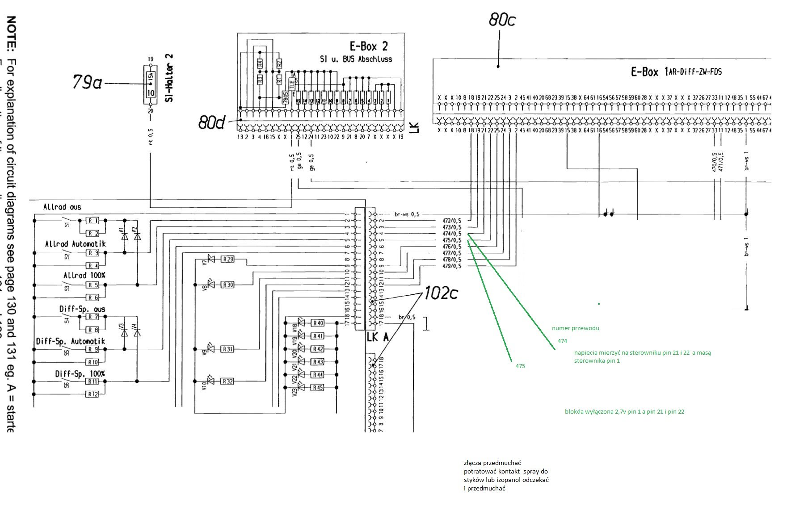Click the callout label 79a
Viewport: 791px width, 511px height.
[87, 83]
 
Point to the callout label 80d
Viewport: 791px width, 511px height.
[211, 122]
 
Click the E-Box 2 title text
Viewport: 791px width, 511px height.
[368, 46]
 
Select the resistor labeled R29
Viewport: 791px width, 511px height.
[227, 259]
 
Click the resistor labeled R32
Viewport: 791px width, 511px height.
[227, 381]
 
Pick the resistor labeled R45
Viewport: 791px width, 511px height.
[318, 388]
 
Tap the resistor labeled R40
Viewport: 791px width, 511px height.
[318, 323]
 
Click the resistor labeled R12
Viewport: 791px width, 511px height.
[93, 394]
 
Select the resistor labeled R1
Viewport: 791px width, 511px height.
[93, 221]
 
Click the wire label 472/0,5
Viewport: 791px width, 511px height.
[451, 221]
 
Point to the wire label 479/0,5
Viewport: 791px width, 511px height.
[451, 266]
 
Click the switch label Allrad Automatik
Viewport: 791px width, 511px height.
[75, 244]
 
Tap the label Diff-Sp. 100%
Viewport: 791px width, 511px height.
[80, 373]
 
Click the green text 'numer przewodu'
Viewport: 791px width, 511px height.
[575, 328]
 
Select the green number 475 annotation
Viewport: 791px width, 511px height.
[520, 366]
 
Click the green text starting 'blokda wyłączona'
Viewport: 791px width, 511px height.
[624, 412]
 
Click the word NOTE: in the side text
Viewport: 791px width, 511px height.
[12, 34]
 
